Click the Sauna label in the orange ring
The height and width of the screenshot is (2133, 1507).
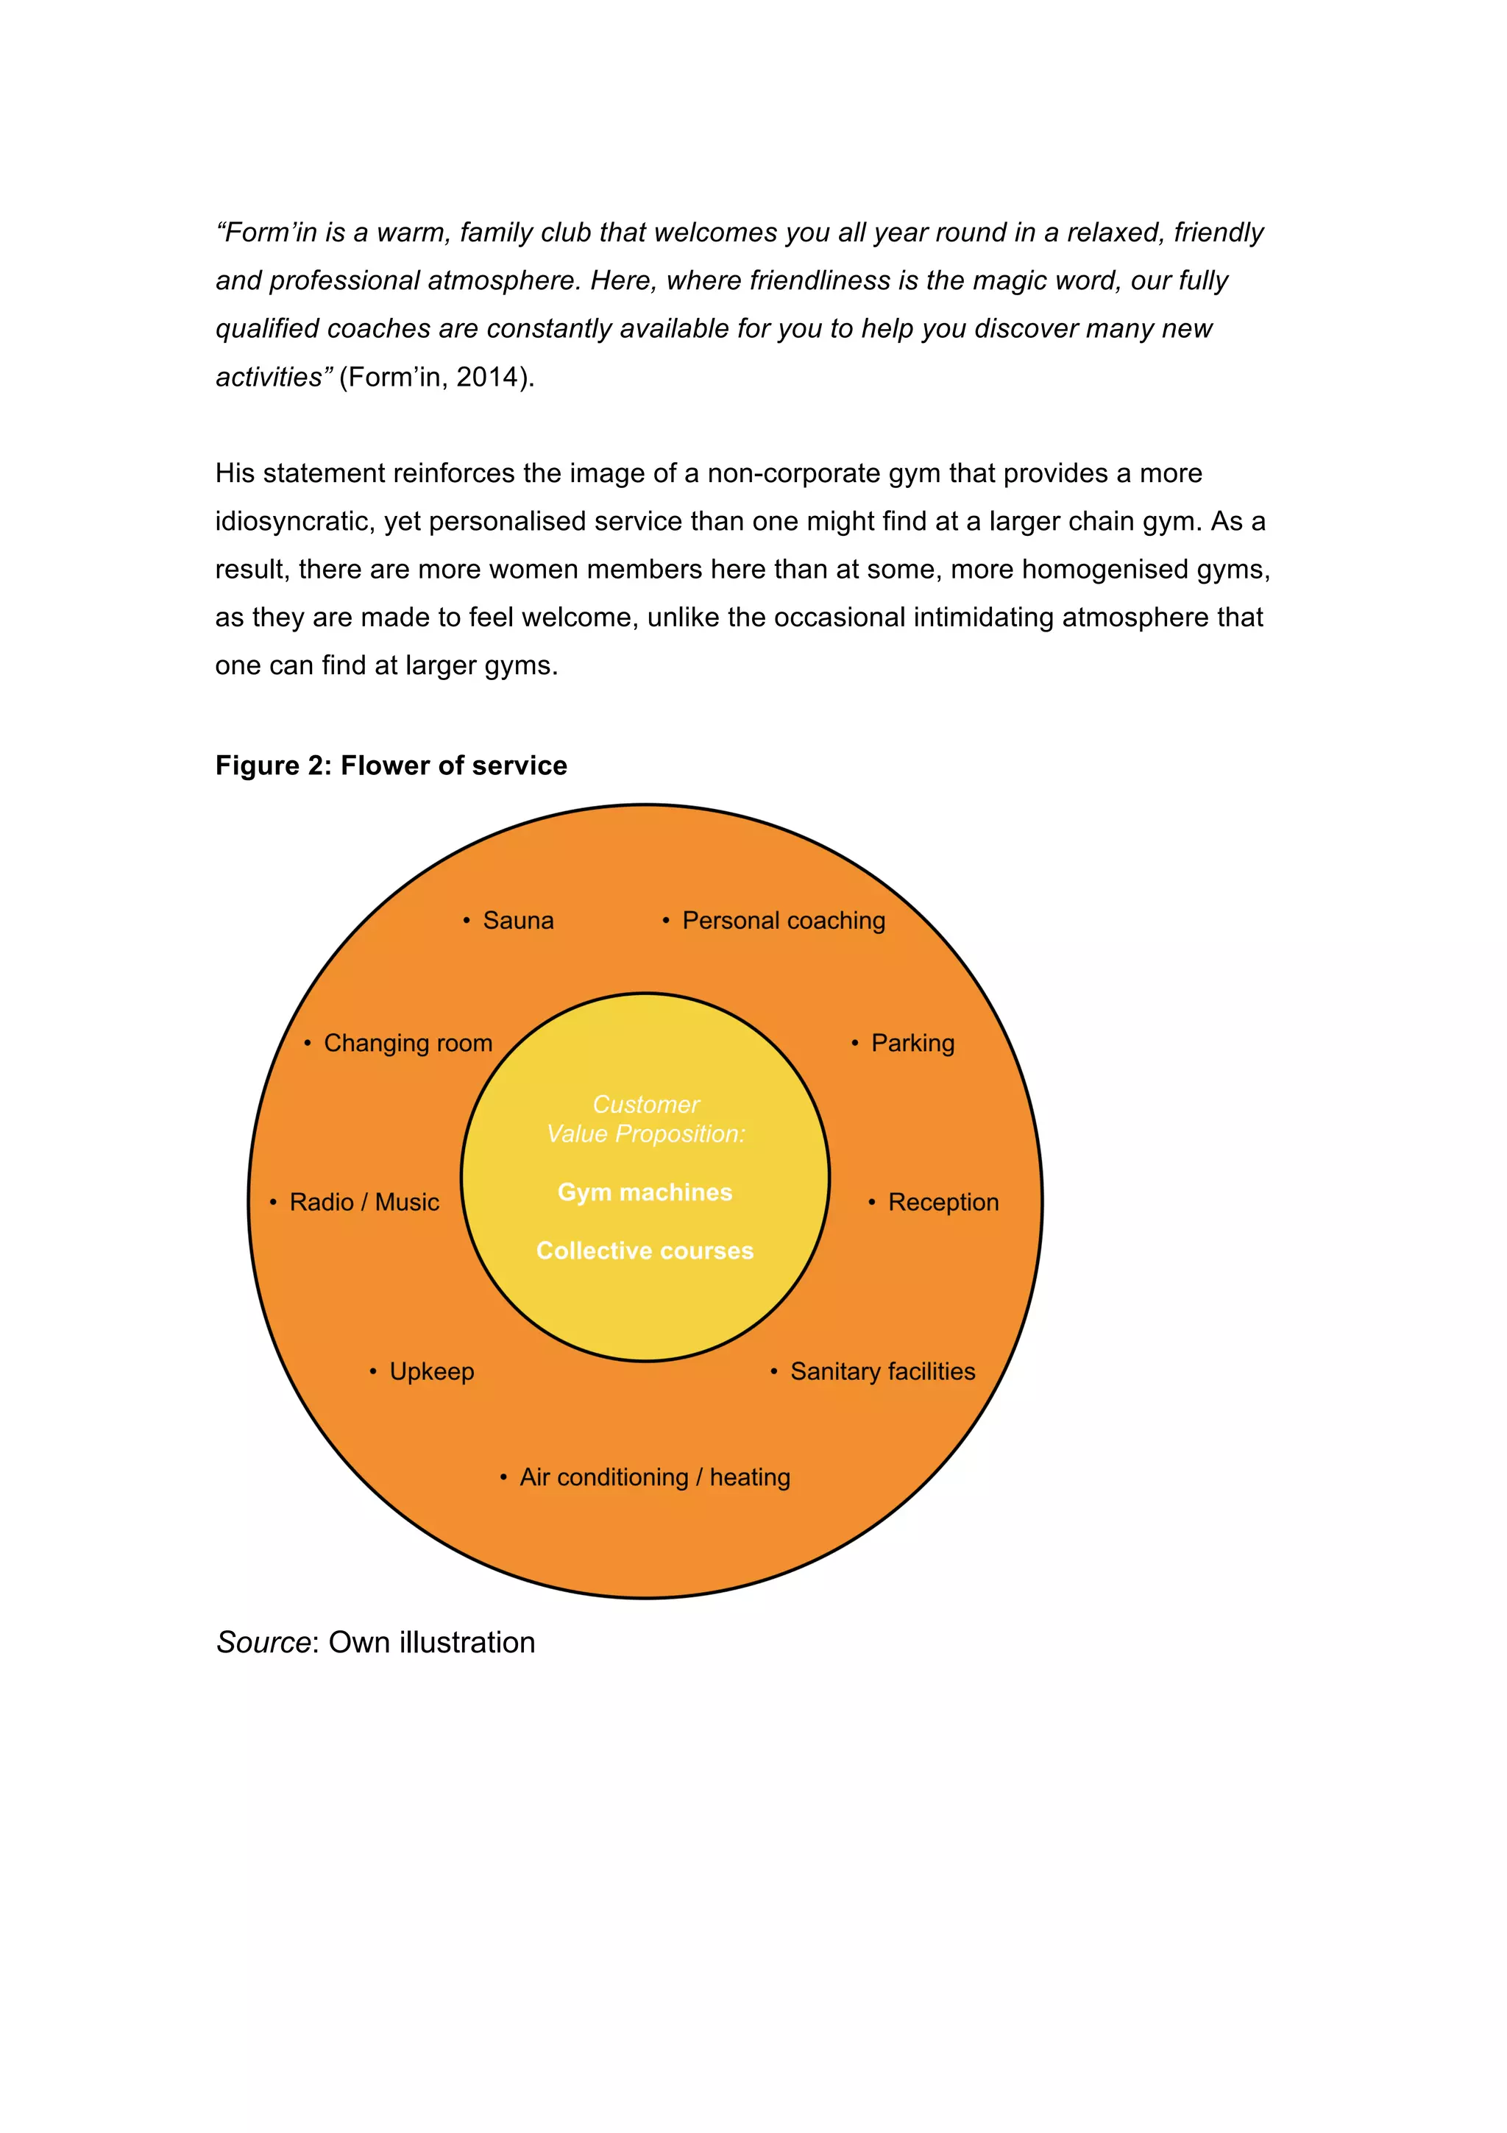click(518, 921)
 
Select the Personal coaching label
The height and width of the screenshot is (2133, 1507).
click(784, 921)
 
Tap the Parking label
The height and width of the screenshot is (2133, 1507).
click(912, 1043)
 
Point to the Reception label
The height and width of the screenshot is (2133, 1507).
click(943, 1202)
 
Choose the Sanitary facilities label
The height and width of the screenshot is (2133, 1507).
click(882, 1371)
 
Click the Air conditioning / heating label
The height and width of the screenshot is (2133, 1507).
click(655, 1477)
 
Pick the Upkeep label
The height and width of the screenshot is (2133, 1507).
click(432, 1371)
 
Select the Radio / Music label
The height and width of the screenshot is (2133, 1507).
click(364, 1202)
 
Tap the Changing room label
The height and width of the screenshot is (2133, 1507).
click(408, 1043)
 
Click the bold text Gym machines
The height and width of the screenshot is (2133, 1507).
click(645, 1192)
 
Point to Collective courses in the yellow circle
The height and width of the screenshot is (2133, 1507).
click(645, 1251)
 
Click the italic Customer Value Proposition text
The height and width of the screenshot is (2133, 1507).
click(645, 1119)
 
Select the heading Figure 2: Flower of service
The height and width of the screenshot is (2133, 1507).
click(391, 765)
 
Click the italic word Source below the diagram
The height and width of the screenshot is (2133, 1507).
click(263, 1643)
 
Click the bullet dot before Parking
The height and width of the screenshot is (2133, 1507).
click(854, 1043)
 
